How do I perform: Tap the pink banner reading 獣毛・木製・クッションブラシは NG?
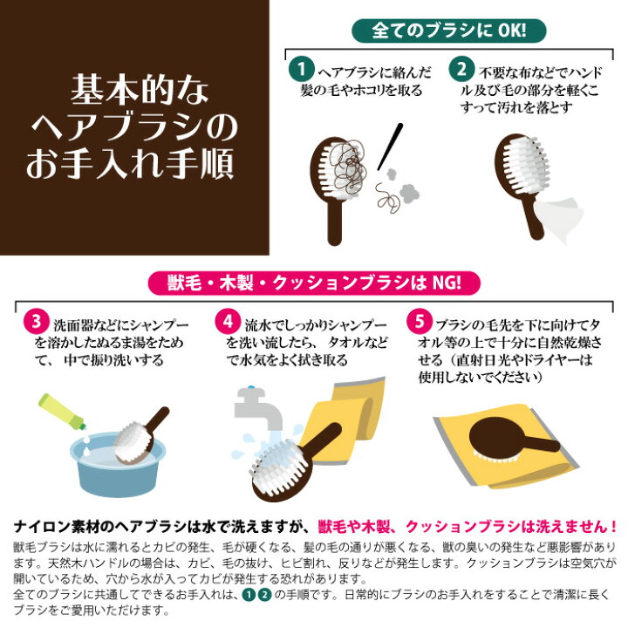click(313, 282)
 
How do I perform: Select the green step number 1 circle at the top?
click(300, 66)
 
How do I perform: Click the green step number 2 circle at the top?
click(460, 66)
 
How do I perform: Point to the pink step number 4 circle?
click(229, 320)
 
